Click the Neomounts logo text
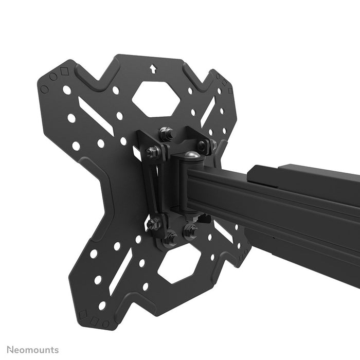coord(32,350)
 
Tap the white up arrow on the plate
coord(153,68)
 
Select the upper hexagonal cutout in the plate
coord(156,98)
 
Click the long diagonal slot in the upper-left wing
coord(96,116)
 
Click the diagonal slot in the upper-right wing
coord(208,112)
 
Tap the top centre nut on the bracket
coord(166,134)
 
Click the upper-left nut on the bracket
coord(152,152)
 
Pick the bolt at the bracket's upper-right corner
coord(202,145)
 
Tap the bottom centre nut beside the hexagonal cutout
coord(170,238)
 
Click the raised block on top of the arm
coord(267,172)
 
